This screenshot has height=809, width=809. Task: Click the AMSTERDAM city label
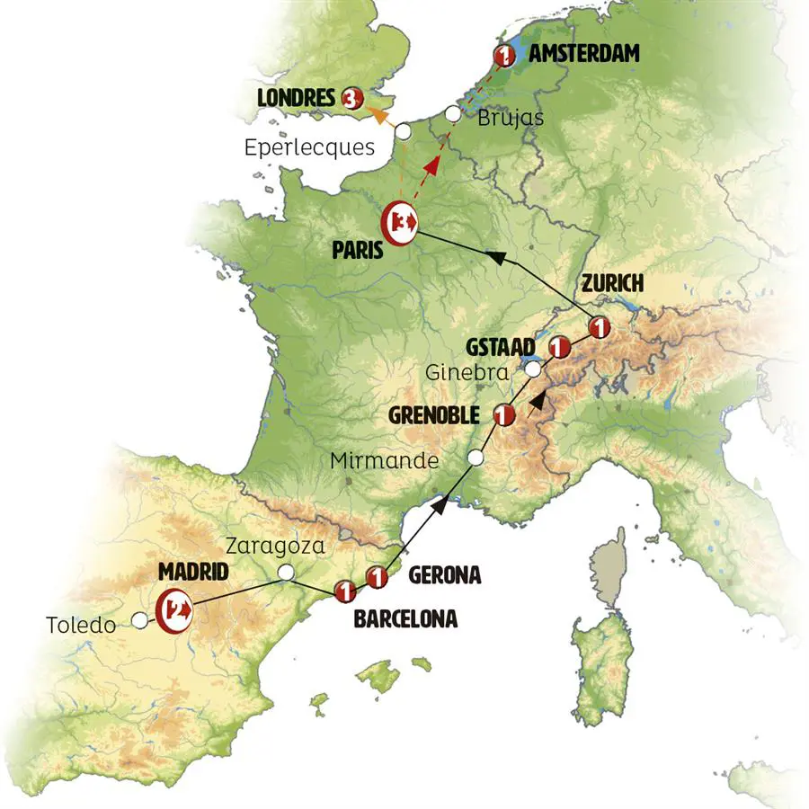pos(584,54)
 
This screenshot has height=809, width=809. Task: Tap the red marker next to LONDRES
pos(352,96)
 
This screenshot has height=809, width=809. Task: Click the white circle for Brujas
pos(453,115)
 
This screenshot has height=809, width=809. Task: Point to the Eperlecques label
pos(309,147)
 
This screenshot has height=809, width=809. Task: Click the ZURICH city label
pos(612,283)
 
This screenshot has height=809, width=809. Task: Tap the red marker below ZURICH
pos(598,327)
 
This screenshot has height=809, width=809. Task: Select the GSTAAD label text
pos(502,346)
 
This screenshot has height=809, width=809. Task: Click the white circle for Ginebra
pos(533,369)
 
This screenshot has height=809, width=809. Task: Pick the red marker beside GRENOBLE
pos(505,414)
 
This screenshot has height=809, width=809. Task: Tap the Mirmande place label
pos(385,461)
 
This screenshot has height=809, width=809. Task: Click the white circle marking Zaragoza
pos(286,572)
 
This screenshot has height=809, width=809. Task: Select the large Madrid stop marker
pos(173,609)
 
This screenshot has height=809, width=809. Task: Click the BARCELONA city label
pos(404,618)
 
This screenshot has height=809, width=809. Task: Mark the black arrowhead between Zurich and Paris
pos(495,257)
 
